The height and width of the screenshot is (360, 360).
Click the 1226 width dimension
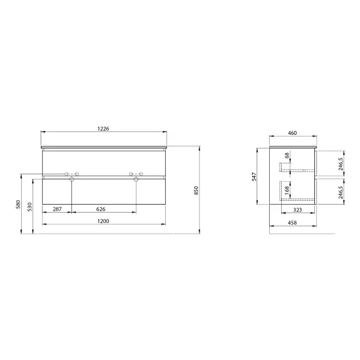click(103, 129)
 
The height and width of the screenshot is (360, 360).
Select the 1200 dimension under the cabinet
click(103, 221)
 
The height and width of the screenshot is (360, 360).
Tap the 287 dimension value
click(57, 209)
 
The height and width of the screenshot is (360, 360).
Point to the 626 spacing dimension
click(101, 209)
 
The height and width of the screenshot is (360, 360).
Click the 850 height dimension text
click(196, 190)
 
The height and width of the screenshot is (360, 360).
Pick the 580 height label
click(18, 205)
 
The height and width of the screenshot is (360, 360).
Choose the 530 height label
click(30, 207)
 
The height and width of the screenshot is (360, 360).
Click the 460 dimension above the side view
click(292, 133)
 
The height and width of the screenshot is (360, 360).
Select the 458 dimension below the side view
click(292, 223)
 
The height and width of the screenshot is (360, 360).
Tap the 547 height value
click(254, 177)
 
